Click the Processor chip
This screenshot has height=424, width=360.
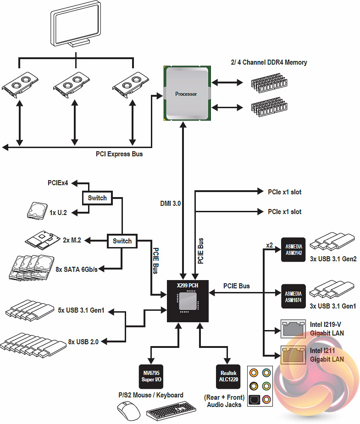click(x=186, y=94)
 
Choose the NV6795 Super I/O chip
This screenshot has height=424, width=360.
click(x=150, y=377)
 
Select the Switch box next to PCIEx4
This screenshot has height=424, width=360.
click(x=97, y=198)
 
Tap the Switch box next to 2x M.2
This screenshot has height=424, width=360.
click(x=122, y=241)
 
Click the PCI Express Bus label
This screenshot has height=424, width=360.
click(x=119, y=154)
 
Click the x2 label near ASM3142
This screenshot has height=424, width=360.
click(x=270, y=246)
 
